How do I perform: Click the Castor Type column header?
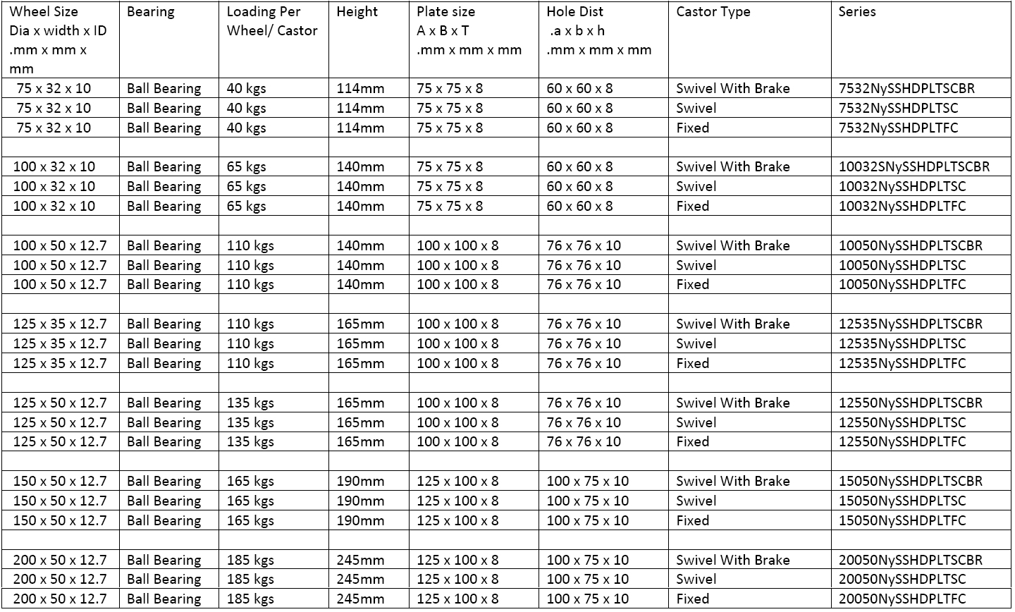click(x=713, y=12)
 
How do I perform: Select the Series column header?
click(x=857, y=12)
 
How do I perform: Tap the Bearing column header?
click(x=150, y=12)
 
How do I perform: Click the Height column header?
click(x=357, y=12)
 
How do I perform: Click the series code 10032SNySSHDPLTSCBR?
click(x=914, y=167)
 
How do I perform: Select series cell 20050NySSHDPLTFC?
click(x=902, y=599)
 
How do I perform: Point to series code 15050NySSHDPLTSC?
click(x=902, y=501)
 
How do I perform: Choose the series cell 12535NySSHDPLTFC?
click(x=902, y=364)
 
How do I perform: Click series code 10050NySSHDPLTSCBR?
click(x=910, y=246)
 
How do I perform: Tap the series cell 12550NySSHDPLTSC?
click(x=902, y=423)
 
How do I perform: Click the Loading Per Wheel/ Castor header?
click(x=272, y=21)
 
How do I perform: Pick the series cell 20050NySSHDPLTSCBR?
click(x=910, y=561)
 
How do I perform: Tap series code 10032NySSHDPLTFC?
click(x=902, y=207)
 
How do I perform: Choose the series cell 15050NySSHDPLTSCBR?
click(x=910, y=482)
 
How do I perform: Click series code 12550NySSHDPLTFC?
click(x=902, y=442)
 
